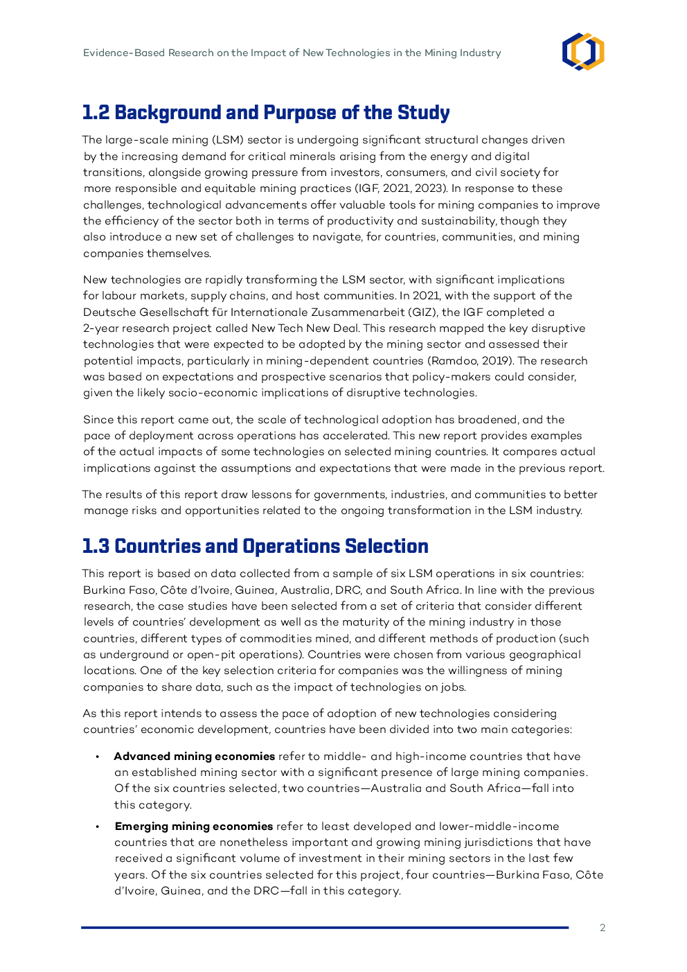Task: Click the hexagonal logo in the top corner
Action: click(583, 52)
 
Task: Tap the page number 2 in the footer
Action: click(603, 928)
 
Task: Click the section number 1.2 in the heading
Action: click(96, 113)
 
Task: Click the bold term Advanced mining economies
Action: click(195, 757)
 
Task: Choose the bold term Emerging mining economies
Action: click(194, 827)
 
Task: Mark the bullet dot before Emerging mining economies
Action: click(98, 827)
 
